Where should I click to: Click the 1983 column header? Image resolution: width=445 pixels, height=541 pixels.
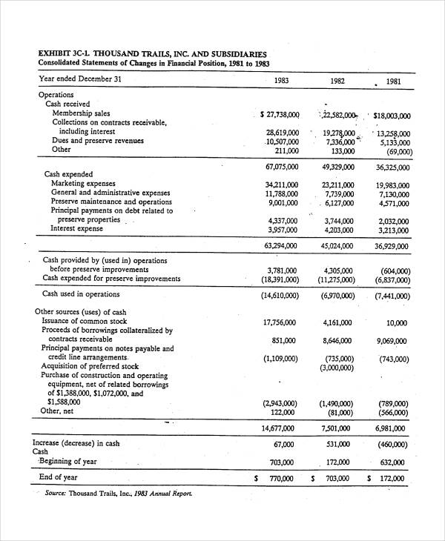282,81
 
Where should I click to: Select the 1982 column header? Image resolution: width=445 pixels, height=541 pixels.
337,81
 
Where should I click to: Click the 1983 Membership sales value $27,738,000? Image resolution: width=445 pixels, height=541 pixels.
280,115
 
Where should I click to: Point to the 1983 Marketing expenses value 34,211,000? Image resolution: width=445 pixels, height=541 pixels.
281,185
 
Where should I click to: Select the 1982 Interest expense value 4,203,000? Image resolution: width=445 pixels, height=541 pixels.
337,229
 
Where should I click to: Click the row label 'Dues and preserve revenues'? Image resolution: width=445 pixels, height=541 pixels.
97,140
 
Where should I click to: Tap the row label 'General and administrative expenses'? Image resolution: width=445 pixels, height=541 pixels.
111,193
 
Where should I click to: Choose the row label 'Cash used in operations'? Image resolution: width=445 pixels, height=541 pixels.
81,294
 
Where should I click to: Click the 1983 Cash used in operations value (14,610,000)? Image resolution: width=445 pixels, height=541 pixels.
280,295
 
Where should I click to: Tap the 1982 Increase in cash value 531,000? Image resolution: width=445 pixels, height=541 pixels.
338,445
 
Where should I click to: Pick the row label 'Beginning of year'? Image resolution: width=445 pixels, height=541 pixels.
67,461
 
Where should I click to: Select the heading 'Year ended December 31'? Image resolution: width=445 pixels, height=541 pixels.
80,79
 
